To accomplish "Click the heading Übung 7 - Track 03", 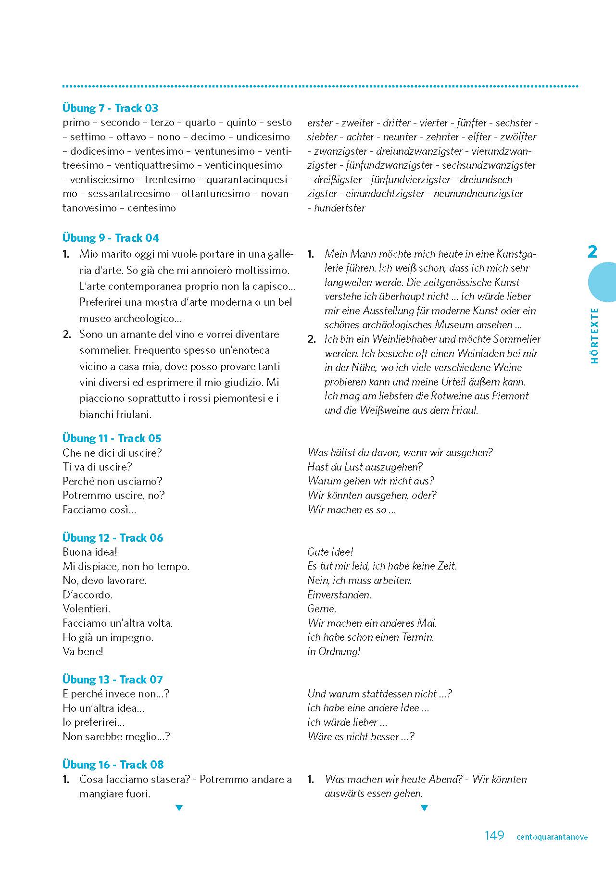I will (110, 108).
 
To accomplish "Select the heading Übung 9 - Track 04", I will (111, 238).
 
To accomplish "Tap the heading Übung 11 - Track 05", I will (112, 438).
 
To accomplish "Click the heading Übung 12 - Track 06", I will (113, 538).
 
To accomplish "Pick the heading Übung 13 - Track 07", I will (113, 680).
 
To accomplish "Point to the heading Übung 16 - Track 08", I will (113, 765).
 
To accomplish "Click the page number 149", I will (494, 836).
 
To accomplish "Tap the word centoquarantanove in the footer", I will (552, 837).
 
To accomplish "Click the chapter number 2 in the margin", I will (592, 252).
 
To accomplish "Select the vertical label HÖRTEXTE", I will (595, 335).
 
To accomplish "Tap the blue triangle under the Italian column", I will (179, 808).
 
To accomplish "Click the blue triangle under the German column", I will (424, 808).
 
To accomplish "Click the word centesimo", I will (152, 208).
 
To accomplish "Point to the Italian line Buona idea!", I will (90, 552).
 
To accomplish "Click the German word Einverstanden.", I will (339, 595).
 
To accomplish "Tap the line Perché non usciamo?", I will (113, 481).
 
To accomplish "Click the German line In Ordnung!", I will (334, 652).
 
